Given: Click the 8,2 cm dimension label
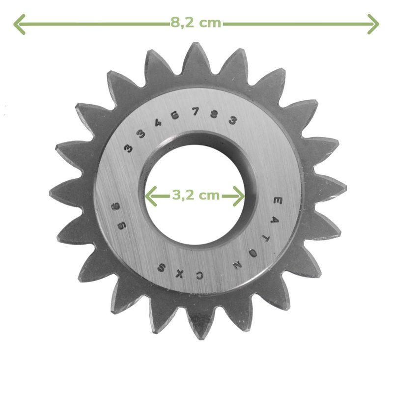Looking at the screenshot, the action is pos(196,23).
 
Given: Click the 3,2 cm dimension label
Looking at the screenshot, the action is pos(196,195).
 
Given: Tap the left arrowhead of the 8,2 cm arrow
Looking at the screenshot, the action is pos(19,24).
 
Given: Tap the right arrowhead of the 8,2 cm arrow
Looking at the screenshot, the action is pos(373,24).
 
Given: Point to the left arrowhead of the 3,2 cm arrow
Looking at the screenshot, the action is pos(151,196).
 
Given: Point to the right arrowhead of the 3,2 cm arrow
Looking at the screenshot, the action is pos(239,196).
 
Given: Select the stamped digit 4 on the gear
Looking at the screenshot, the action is pos(158,123).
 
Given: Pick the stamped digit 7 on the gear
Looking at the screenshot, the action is pos(196,112).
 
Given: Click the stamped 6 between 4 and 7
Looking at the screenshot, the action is pos(175,115).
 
